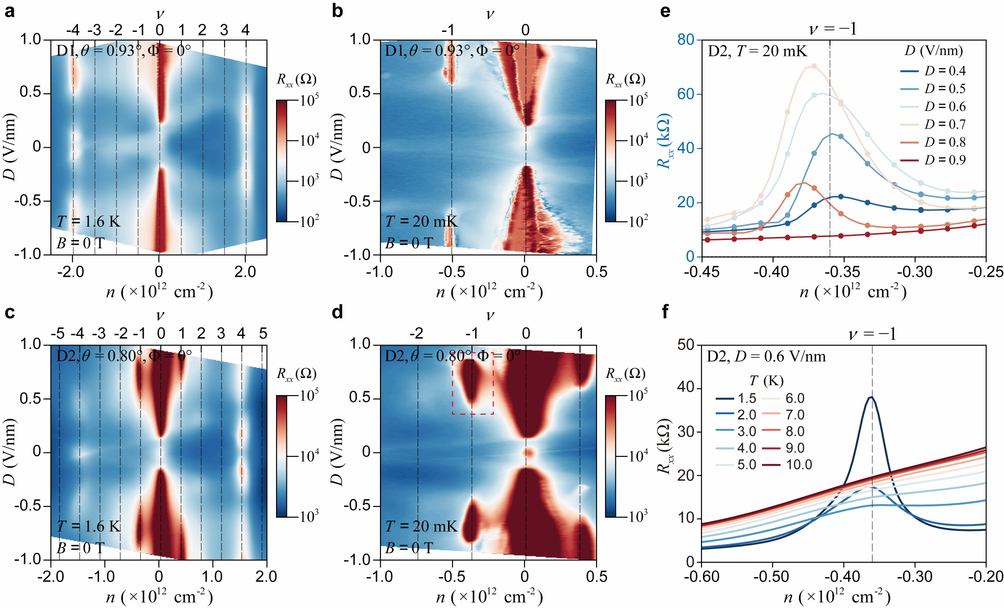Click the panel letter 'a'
(9, 11)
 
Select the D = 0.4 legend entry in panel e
(933, 71)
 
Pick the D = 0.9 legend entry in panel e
(933, 160)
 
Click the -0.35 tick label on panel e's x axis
(844, 271)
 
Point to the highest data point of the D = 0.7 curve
(814, 66)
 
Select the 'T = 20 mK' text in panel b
(421, 222)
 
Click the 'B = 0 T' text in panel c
(80, 548)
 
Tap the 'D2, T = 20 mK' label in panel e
(757, 51)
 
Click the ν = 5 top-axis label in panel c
(263, 334)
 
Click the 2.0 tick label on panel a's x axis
(245, 271)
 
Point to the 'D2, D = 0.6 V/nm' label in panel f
(766, 356)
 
